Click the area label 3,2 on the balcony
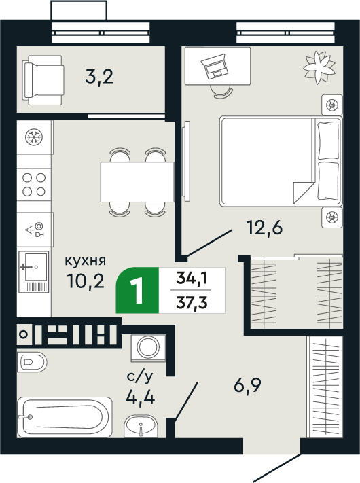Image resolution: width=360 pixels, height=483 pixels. pos(99,75)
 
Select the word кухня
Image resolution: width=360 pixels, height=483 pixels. pos(85,260)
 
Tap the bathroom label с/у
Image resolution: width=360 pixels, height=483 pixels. pos(140,375)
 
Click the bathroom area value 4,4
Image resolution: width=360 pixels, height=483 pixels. pos(140,396)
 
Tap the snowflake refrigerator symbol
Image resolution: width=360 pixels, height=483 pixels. pos(32,137)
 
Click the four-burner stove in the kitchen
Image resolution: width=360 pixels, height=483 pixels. pos(33,184)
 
